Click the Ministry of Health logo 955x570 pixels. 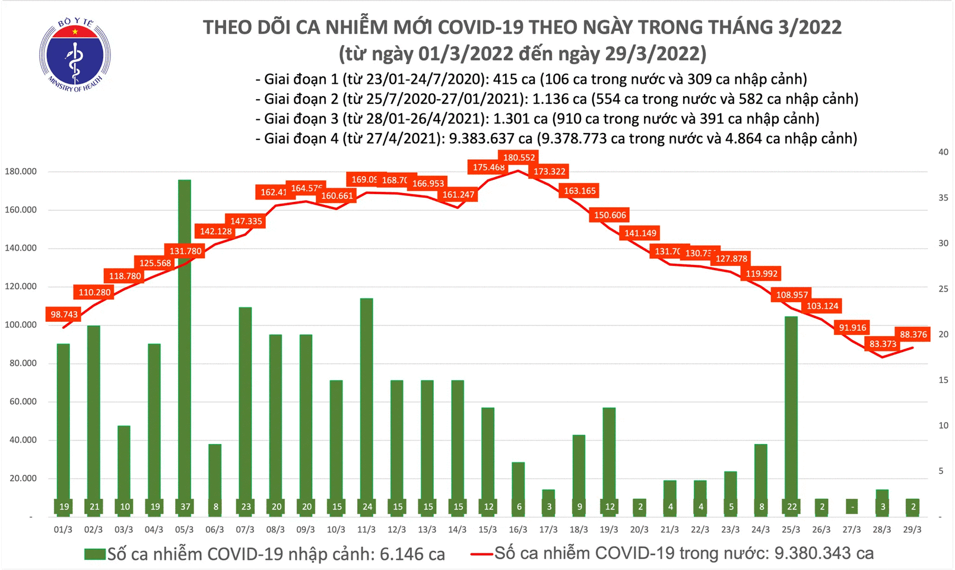75,55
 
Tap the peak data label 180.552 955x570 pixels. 519,157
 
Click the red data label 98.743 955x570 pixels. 64,314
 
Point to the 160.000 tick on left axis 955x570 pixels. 21,210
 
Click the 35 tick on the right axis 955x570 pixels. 943,198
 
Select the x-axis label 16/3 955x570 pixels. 518,530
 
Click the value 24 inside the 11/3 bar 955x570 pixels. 367,506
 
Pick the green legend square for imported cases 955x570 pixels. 94,554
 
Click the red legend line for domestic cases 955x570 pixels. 481,554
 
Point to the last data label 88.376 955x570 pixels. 913,334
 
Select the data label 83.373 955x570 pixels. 883,344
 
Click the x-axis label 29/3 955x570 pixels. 912,530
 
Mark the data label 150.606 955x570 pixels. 610,215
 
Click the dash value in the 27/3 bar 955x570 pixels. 852,507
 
